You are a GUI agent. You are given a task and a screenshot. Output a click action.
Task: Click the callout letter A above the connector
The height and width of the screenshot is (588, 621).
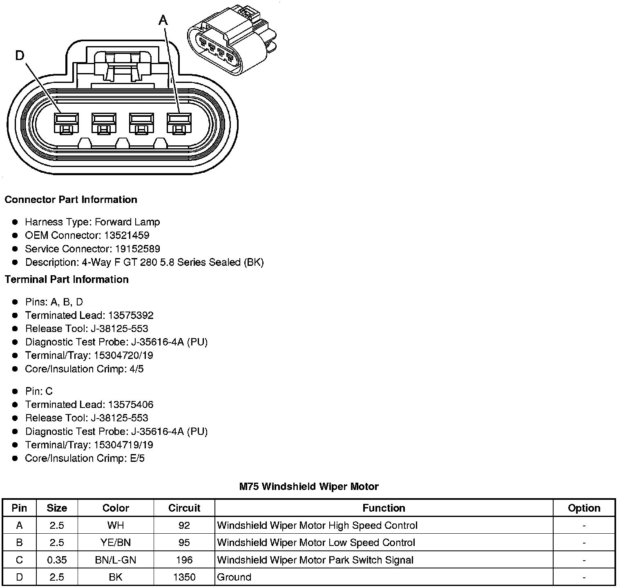tap(163, 20)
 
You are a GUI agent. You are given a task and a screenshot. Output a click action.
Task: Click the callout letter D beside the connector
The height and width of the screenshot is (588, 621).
tap(20, 55)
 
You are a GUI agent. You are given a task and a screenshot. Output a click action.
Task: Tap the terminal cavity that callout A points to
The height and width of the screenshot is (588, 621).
tap(179, 122)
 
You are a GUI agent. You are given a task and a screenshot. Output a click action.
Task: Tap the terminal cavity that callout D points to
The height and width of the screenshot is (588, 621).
tap(66, 122)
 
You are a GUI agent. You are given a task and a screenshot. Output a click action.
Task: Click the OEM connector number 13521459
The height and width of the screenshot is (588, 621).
tap(127, 235)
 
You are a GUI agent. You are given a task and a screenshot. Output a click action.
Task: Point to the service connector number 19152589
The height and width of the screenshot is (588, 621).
tap(132, 249)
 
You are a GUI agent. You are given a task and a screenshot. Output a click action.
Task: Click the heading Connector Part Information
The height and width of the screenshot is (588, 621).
tap(71, 200)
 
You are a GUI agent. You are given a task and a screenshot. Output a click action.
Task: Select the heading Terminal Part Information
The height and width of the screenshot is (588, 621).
tap(67, 279)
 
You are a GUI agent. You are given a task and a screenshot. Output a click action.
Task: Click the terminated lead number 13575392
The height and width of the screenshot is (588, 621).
tap(131, 315)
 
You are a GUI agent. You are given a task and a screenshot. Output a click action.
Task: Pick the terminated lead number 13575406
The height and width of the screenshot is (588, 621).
tap(131, 405)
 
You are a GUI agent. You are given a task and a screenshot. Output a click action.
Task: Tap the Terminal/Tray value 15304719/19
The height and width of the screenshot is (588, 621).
tap(123, 445)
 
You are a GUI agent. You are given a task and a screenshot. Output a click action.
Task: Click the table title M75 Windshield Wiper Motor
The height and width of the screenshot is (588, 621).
tap(309, 486)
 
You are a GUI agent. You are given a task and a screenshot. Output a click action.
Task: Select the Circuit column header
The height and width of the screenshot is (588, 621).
tap(184, 508)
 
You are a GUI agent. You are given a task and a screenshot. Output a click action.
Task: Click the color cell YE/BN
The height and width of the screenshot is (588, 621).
tap(116, 542)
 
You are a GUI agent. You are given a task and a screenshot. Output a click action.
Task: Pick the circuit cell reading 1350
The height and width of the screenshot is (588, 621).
tap(184, 577)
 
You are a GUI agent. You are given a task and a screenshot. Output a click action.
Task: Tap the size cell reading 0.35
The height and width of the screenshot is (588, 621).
tap(57, 560)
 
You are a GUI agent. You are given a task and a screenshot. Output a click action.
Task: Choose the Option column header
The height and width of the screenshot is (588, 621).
tap(584, 508)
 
